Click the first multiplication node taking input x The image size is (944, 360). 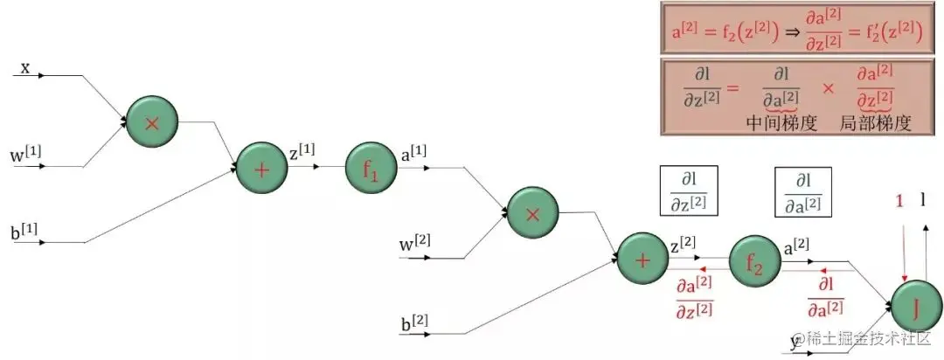(151, 122)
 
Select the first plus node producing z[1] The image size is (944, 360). (261, 169)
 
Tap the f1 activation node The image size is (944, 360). (371, 169)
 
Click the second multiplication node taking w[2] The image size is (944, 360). (532, 212)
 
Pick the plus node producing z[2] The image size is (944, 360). (642, 259)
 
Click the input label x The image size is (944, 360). (25, 67)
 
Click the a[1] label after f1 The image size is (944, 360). (413, 151)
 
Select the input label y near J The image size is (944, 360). (795, 340)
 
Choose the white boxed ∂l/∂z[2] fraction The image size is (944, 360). (688, 190)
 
